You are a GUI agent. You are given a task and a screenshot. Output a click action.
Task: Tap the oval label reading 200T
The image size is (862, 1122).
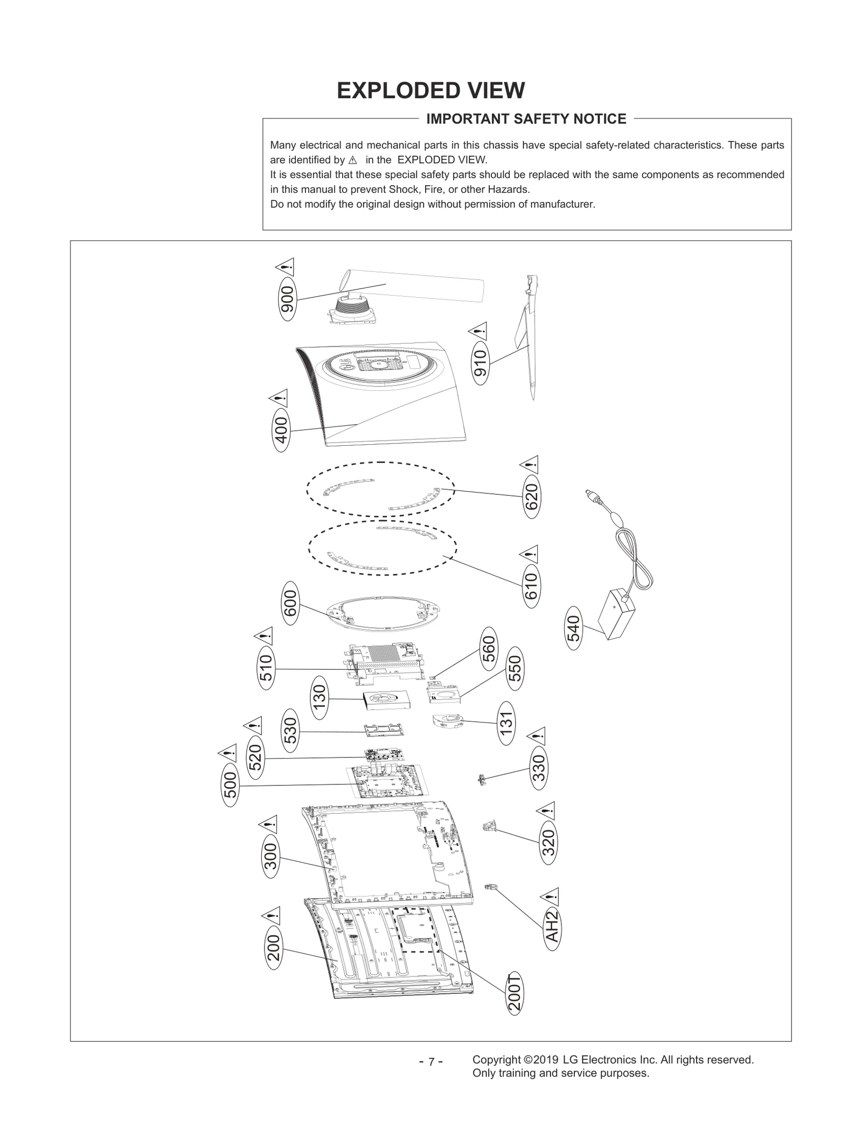[515, 993]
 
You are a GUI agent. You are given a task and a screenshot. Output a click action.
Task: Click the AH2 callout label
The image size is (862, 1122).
[552, 927]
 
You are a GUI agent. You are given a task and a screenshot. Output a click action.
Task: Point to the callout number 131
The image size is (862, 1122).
[506, 723]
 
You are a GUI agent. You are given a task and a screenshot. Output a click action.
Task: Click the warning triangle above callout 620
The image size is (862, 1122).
[530, 464]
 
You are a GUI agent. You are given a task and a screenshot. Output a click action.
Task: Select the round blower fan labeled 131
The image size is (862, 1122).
[447, 721]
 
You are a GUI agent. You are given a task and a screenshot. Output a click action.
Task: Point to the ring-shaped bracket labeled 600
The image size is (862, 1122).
[382, 614]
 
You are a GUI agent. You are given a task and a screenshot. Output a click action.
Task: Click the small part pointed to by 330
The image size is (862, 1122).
[481, 779]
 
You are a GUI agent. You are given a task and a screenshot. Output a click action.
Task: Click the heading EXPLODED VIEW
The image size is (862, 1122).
[430, 90]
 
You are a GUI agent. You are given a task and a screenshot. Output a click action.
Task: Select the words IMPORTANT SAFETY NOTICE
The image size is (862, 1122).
[526, 119]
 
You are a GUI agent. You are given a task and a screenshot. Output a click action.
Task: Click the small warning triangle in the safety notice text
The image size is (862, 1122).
[353, 160]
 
